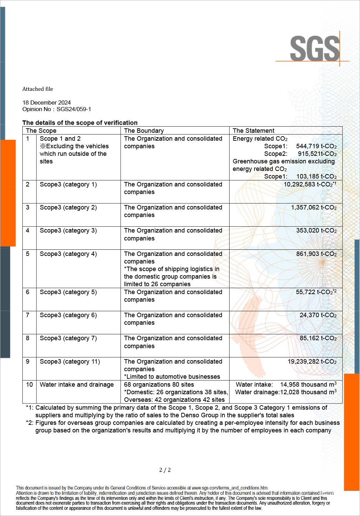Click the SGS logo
click(x=315, y=49)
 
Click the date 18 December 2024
click(x=46, y=103)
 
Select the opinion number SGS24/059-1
click(x=74, y=109)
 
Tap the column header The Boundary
click(x=144, y=131)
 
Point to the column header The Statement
click(x=253, y=131)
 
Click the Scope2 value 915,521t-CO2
click(x=317, y=154)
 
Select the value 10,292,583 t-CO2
click(x=308, y=184)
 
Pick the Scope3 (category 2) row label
click(x=68, y=207)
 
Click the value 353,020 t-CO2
click(x=316, y=230)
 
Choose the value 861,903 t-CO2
click(x=316, y=254)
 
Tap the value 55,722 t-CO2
click(x=314, y=292)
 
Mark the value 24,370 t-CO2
click(x=318, y=315)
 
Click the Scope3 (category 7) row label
click(x=68, y=338)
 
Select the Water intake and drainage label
click(x=76, y=385)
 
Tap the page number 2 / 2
click(x=165, y=470)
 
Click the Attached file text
click(x=38, y=89)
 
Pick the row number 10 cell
click(x=29, y=385)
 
